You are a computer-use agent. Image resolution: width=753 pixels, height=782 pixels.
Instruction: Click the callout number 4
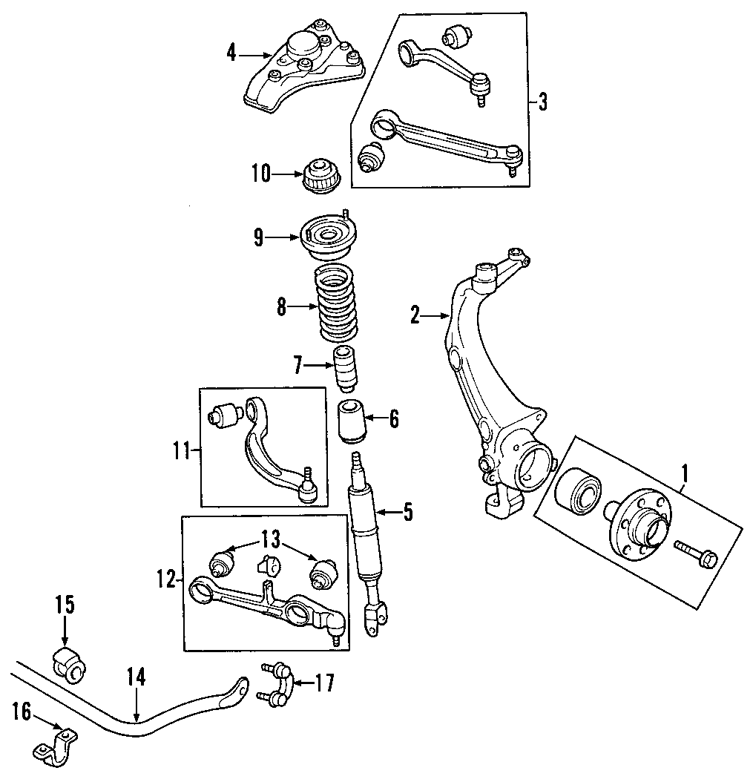click(x=231, y=53)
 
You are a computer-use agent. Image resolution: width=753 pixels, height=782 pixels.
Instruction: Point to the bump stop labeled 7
click(x=344, y=369)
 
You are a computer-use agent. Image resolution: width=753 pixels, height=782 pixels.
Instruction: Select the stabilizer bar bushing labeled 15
click(x=69, y=664)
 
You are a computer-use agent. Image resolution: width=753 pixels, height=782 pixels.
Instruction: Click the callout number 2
click(x=415, y=317)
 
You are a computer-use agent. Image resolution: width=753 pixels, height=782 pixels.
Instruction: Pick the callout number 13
click(x=272, y=538)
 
